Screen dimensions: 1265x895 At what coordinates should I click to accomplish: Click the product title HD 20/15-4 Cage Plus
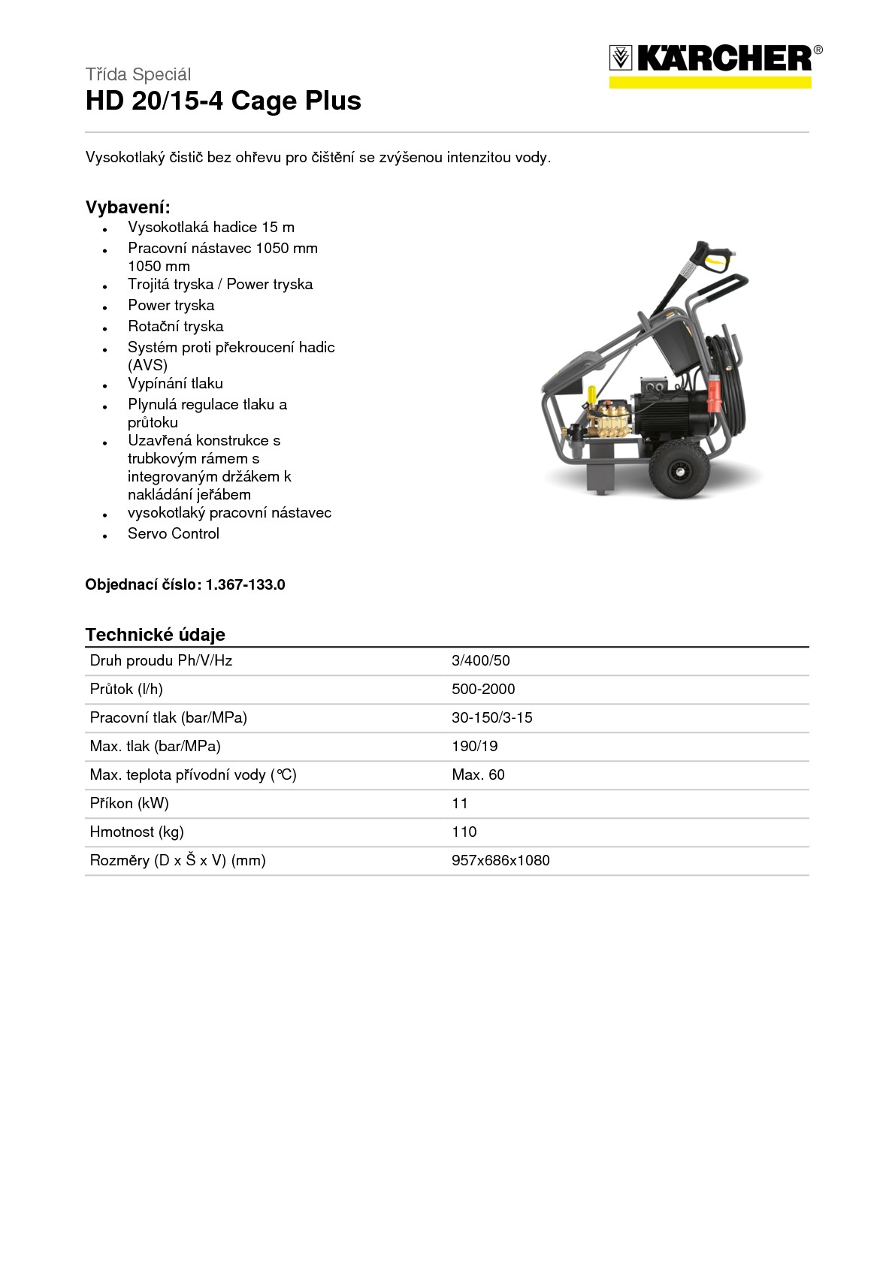coord(223,101)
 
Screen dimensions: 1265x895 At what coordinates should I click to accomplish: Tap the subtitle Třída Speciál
coord(138,74)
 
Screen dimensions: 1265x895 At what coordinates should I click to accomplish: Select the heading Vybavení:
coord(128,207)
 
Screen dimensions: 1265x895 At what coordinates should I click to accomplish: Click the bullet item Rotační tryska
coord(175,326)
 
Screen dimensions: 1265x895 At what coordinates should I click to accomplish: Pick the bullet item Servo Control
coord(173,533)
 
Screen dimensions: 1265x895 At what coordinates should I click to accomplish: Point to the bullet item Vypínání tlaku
coord(175,383)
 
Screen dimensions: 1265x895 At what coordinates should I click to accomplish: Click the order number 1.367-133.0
coord(245,584)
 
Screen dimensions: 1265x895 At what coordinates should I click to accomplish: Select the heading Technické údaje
coord(155,635)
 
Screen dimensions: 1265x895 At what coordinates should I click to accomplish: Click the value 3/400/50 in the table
coord(480,660)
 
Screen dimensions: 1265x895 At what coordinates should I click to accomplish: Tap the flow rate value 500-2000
coord(483,689)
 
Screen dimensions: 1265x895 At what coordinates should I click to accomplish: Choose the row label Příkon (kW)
coord(129,803)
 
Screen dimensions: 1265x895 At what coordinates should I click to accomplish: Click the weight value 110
coord(464,832)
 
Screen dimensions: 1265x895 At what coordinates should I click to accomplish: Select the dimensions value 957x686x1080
coord(500,860)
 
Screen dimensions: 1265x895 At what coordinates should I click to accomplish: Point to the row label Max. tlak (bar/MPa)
coord(155,746)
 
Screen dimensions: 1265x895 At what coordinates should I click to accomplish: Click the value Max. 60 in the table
coord(478,774)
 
